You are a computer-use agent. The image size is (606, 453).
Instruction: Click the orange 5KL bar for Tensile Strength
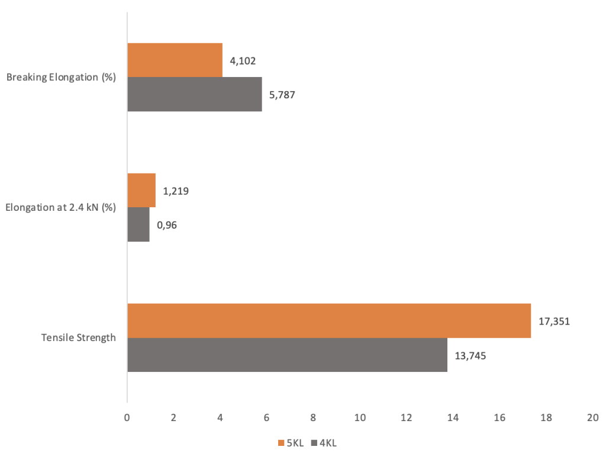tap(329, 320)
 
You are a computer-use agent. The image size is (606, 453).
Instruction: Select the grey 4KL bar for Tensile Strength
tap(287, 355)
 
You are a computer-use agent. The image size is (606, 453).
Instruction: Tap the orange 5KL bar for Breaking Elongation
tap(175, 60)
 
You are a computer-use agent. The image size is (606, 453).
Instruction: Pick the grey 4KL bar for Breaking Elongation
tap(195, 94)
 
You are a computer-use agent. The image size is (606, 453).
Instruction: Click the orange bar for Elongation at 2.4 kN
tap(141, 190)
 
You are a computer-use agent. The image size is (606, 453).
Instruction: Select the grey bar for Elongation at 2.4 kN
tap(138, 224)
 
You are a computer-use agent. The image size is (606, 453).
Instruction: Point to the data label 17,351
tap(554, 322)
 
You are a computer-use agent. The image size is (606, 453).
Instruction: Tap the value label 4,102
tap(243, 60)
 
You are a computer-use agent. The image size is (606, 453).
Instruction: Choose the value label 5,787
tap(282, 95)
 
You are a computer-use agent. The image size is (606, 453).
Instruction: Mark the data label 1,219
tap(176, 191)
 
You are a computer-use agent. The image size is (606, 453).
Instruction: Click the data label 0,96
tap(167, 225)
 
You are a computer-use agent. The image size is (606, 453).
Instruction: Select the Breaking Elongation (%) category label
tap(61, 77)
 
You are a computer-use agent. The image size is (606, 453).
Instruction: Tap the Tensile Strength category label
tap(78, 338)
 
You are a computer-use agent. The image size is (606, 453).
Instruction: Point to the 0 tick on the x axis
tap(127, 417)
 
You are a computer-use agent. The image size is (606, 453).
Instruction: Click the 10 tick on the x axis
tap(360, 417)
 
